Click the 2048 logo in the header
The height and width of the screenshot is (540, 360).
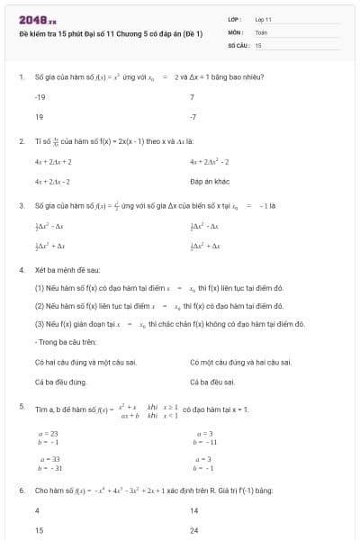coord(38,19)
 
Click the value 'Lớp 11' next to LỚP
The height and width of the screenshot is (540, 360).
coord(264,19)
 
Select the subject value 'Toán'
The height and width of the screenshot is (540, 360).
coord(261,31)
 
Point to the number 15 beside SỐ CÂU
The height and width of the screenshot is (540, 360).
coord(258,44)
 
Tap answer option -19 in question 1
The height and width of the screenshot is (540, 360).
coord(40,96)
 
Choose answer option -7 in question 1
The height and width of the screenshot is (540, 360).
coord(193,117)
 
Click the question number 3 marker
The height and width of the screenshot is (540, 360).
coord(21,205)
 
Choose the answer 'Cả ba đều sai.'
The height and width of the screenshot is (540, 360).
coord(213,382)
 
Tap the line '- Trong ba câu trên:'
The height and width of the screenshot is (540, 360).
coord(65,342)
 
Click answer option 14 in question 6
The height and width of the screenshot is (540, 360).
coord(194,510)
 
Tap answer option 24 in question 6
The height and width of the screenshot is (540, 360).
coord(194,530)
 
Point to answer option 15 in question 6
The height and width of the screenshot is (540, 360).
coord(39,530)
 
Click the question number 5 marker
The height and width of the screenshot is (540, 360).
coord(21,407)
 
